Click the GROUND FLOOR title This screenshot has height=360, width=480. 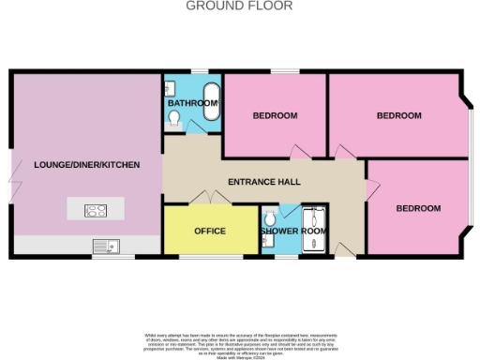[239, 6]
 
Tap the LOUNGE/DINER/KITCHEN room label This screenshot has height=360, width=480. [86, 165]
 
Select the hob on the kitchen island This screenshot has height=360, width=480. [96, 210]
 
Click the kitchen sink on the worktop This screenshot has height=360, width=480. [104, 246]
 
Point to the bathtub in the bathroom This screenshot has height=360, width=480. [212, 100]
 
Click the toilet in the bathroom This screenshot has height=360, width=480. [175, 117]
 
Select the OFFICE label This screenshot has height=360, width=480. [210, 231]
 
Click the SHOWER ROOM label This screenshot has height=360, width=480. [292, 231]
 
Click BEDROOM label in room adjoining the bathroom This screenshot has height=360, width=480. [275, 115]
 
